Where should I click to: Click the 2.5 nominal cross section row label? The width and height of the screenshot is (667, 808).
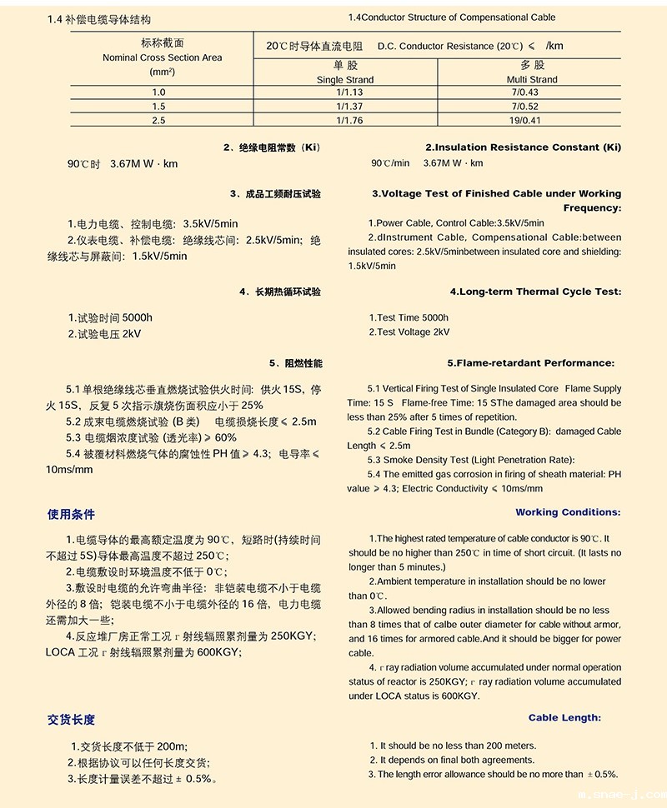click(x=158, y=121)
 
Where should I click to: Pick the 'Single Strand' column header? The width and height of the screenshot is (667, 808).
click(x=345, y=80)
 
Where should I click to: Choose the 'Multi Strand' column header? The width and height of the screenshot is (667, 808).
click(x=532, y=80)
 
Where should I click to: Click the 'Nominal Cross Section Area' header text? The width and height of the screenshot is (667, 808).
click(x=163, y=57)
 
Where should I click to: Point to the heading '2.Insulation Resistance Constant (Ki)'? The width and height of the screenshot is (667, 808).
click(x=523, y=147)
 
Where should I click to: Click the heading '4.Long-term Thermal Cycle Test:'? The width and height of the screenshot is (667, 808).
click(x=535, y=292)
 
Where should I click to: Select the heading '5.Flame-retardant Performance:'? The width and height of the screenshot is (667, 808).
click(x=530, y=363)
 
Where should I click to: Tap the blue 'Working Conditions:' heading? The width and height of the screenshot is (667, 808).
click(x=568, y=512)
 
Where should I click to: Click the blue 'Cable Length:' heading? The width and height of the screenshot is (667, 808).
click(x=564, y=717)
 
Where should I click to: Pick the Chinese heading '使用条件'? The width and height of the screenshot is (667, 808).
click(x=71, y=514)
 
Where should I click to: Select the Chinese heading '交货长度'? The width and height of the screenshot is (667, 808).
click(x=71, y=720)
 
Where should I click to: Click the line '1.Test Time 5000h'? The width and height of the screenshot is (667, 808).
click(x=409, y=317)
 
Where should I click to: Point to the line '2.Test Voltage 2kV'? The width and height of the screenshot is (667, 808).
click(x=409, y=332)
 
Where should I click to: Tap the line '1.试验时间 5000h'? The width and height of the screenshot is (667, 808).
click(x=110, y=317)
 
